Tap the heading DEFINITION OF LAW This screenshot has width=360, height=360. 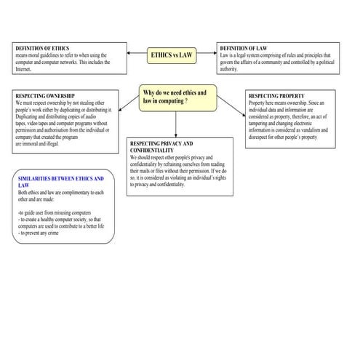246,49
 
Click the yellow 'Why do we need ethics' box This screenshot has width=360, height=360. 177,97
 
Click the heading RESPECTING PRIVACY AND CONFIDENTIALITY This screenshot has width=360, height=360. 161,148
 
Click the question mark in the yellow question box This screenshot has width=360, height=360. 186,102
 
